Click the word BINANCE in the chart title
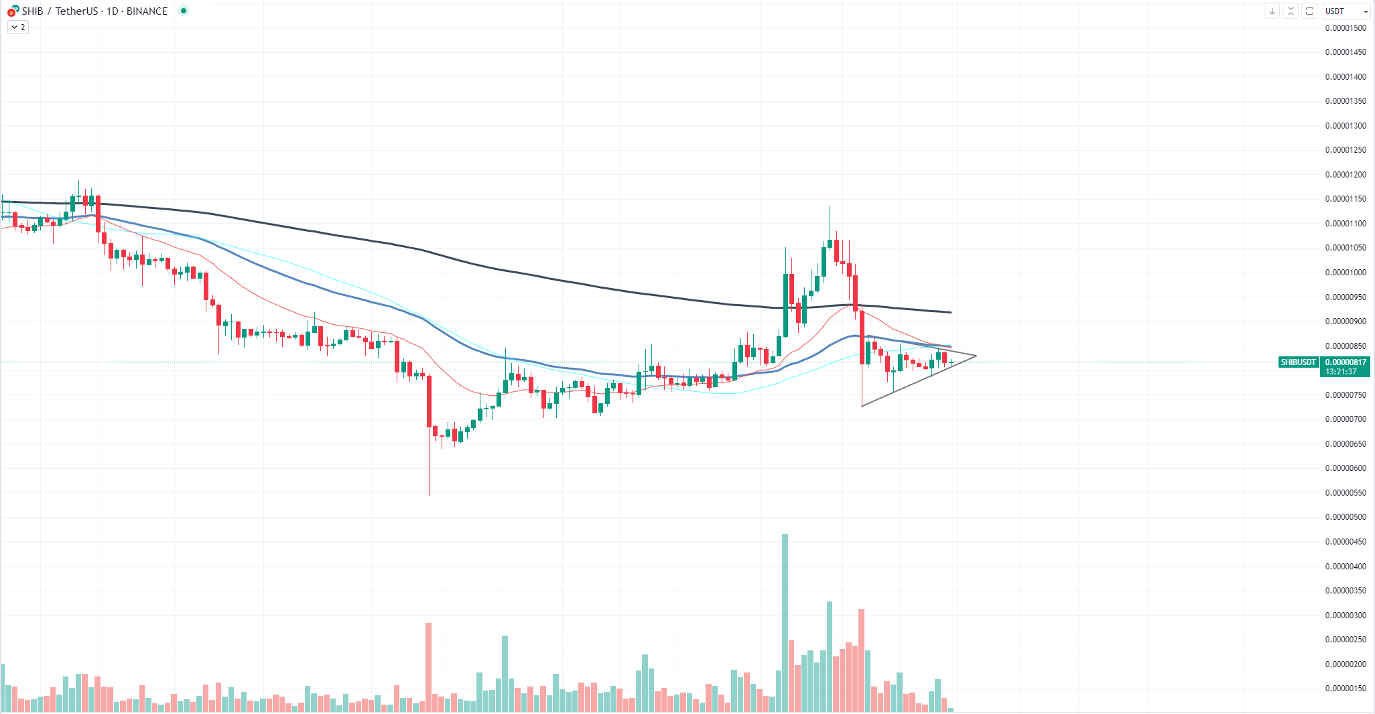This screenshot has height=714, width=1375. coord(147,11)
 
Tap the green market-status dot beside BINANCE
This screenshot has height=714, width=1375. coord(184,11)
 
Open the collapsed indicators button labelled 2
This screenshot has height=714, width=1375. coord(18,27)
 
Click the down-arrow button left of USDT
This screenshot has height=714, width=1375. coord(1272,11)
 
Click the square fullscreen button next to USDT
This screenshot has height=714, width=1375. coord(1309,11)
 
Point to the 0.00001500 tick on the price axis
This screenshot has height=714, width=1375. coord(1346,28)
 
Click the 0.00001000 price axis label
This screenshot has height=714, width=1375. coord(1346,273)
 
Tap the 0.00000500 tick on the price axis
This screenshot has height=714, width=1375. coord(1346,517)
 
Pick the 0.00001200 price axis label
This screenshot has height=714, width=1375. coord(1346,175)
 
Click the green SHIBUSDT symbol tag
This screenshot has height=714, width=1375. coord(1299,362)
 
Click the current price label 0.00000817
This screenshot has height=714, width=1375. coord(1346,362)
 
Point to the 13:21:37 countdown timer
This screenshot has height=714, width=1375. coord(1341,372)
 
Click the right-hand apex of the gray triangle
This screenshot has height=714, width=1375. coord(976,356)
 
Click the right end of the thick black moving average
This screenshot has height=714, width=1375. coord(950,312)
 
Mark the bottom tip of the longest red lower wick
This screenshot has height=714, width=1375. coord(429,495)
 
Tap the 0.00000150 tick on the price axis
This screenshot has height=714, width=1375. coord(1346,689)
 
